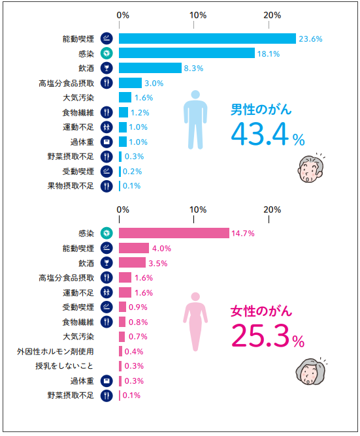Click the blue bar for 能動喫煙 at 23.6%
tap(207, 39)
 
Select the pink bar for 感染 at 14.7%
tap(174, 233)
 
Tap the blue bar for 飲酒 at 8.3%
tap(150, 68)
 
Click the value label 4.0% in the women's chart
tap(161, 248)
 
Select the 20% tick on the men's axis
tap(272, 14)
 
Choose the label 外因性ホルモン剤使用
tap(56, 351)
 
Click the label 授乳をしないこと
tap(65, 366)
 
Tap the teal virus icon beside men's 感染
tap(107, 54)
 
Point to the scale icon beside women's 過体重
tap(107, 381)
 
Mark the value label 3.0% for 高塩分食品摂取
tap(154, 83)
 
